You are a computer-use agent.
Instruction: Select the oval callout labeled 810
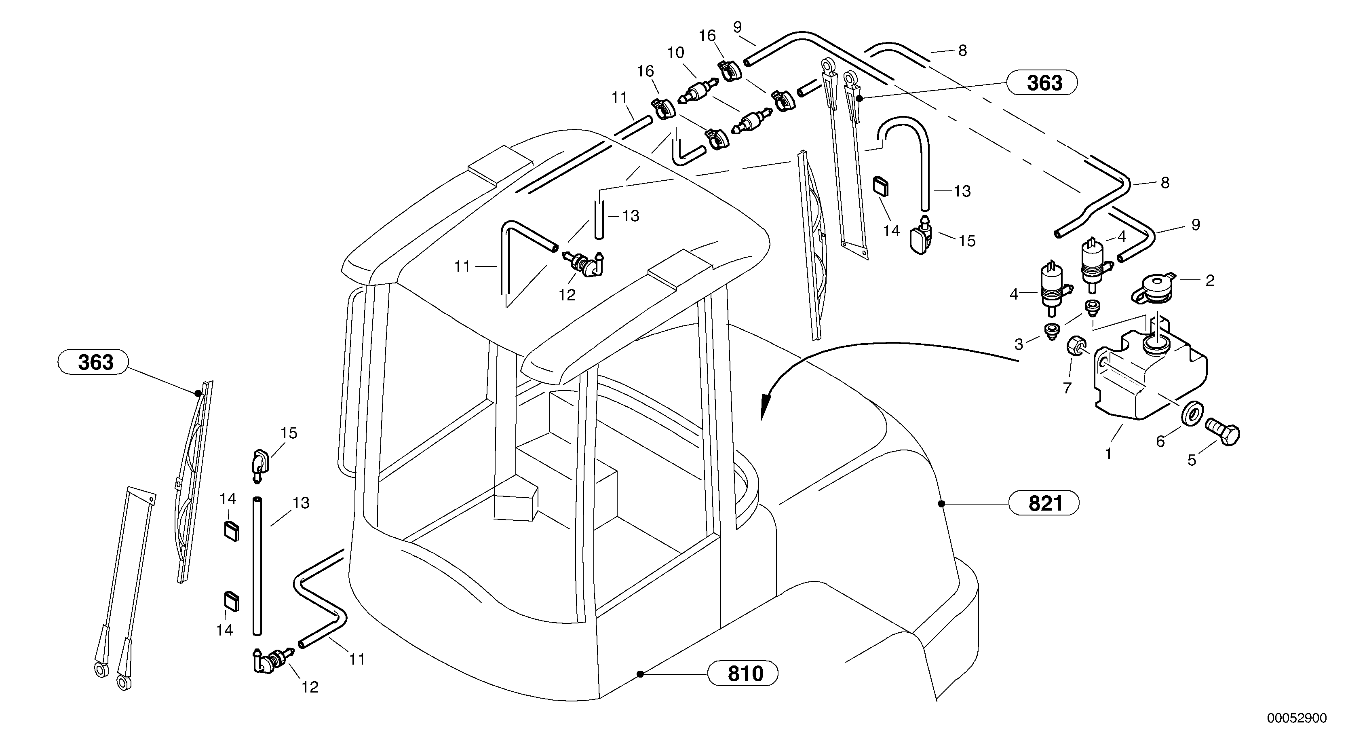coord(743,673)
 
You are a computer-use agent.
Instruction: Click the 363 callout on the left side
coord(93,362)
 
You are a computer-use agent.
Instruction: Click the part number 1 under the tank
coord(1108,453)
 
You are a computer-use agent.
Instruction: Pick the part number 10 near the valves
coord(675,53)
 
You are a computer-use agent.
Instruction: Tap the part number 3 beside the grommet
coord(1018,344)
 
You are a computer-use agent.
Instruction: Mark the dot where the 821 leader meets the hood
coord(941,504)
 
